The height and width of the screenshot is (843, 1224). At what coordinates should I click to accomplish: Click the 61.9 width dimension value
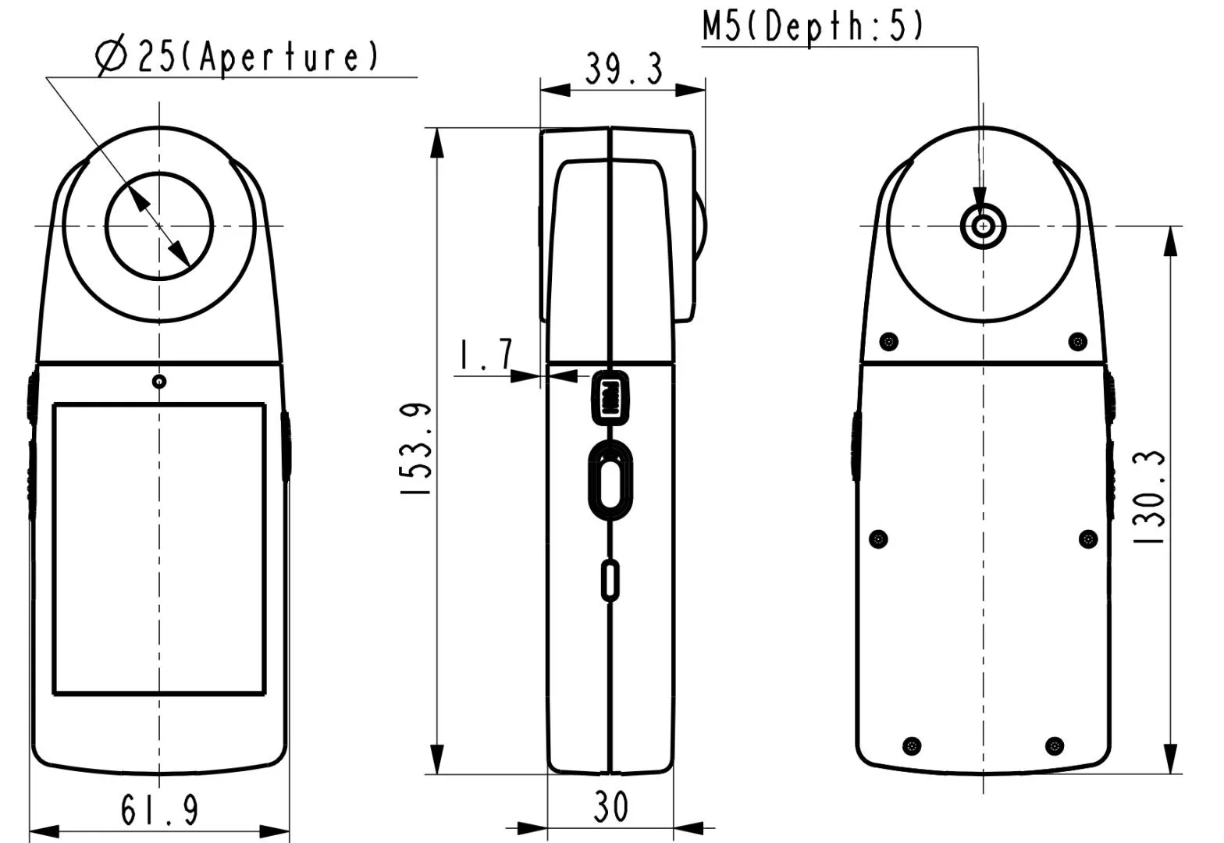point(160,809)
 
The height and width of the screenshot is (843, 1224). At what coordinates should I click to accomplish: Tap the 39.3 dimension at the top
point(624,70)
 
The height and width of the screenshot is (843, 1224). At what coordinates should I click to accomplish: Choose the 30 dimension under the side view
point(610,807)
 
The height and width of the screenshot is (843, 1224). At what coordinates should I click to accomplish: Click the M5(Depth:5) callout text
point(813,25)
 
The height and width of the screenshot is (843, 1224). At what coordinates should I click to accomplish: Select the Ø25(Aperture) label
point(238,58)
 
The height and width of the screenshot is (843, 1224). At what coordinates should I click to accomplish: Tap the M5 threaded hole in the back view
point(983,227)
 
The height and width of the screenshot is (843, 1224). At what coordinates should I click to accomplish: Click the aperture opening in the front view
point(160,226)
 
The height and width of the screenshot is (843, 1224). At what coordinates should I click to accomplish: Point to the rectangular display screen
point(159,549)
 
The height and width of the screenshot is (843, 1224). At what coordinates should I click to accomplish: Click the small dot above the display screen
point(159,382)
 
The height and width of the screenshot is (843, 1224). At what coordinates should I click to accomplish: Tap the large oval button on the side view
point(610,478)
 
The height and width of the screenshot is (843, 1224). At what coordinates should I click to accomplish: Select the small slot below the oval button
point(610,580)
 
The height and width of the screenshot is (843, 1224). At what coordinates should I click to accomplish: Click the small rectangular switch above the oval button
point(610,397)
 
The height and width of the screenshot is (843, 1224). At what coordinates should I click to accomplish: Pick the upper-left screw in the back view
point(888,341)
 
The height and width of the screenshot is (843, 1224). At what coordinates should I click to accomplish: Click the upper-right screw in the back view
point(1077,341)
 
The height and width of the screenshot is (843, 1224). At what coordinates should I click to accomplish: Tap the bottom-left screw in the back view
point(911,745)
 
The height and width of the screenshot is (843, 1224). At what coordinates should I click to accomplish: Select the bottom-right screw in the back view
point(1055,745)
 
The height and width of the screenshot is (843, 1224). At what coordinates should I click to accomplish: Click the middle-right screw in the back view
point(1088,539)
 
